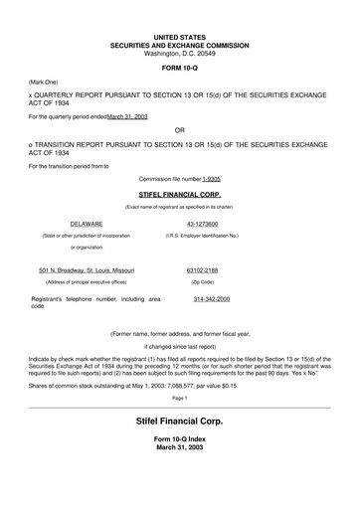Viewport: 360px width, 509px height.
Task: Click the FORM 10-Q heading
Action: coord(179,70)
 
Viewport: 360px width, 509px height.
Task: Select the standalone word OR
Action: coord(179,130)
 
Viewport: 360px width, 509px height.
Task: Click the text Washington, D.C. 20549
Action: coord(179,51)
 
